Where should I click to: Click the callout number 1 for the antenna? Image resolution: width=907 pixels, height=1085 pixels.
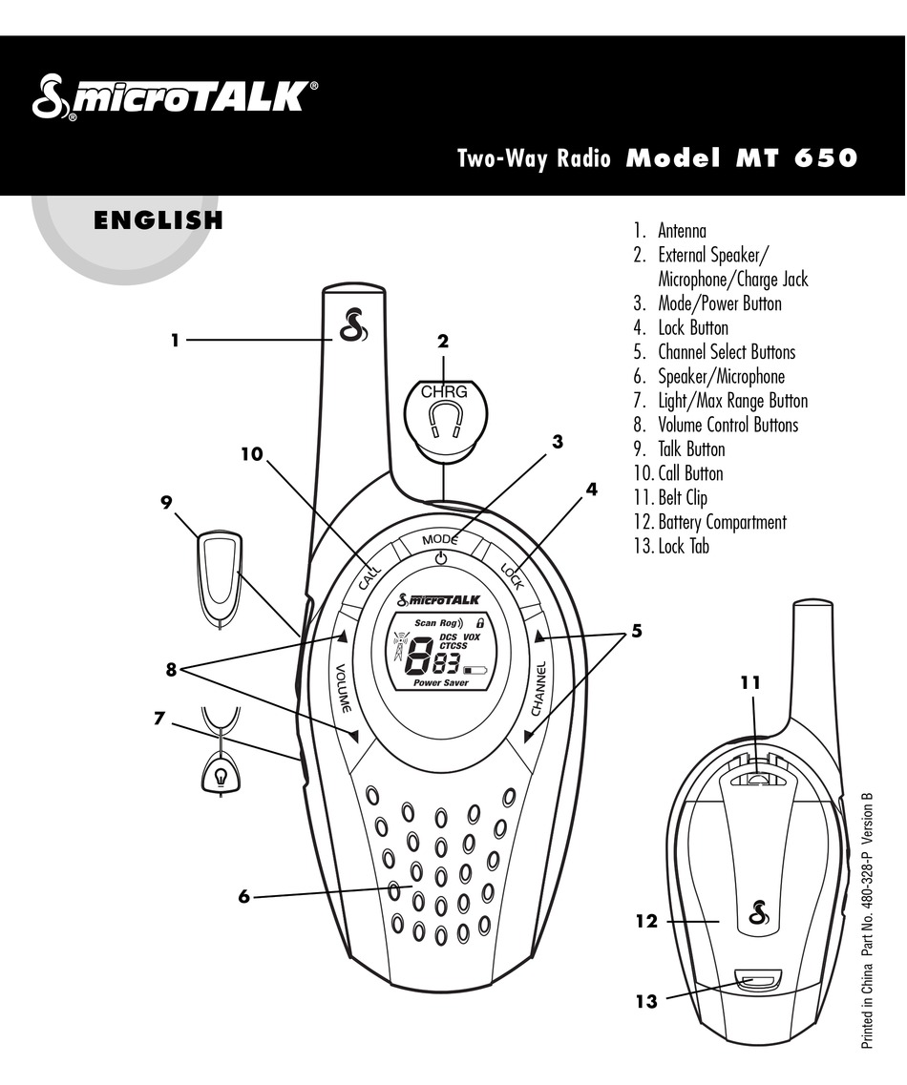click(x=176, y=339)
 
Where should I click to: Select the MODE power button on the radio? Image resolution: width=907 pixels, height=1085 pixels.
click(x=440, y=549)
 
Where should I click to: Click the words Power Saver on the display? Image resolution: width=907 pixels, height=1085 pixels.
click(x=440, y=683)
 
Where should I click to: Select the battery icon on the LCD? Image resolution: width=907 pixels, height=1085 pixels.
click(x=474, y=669)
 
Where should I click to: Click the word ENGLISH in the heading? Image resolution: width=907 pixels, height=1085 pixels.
click(x=158, y=221)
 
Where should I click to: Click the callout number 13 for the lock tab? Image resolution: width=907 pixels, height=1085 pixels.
click(x=646, y=1001)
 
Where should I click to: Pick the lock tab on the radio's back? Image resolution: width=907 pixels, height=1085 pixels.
click(x=760, y=982)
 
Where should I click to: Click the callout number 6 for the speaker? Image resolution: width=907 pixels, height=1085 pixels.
click(x=243, y=896)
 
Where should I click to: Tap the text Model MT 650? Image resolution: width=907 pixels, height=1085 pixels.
click(x=741, y=158)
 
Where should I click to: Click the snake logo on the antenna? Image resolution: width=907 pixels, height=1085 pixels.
click(x=352, y=326)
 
